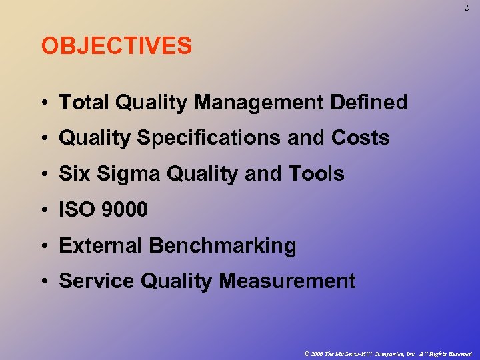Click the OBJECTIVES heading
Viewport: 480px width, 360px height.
pyautogui.click(x=117, y=47)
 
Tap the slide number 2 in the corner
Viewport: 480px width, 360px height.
pyautogui.click(x=466, y=8)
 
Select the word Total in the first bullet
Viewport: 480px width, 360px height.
pyautogui.click(x=85, y=102)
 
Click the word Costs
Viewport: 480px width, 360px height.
pyautogui.click(x=360, y=138)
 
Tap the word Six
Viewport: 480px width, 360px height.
pyautogui.click(x=74, y=174)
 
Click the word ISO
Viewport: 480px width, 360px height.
pyautogui.click(x=78, y=210)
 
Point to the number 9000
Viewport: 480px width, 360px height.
pyautogui.click(x=125, y=210)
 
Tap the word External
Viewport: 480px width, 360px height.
pyautogui.click(x=101, y=245)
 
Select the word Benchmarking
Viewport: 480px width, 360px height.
pyautogui.click(x=223, y=245)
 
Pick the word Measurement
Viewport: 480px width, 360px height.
pyautogui.click(x=287, y=281)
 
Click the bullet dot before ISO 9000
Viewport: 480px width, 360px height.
pyautogui.click(x=43, y=211)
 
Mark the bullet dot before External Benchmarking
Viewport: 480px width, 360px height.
pyautogui.click(x=43, y=246)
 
